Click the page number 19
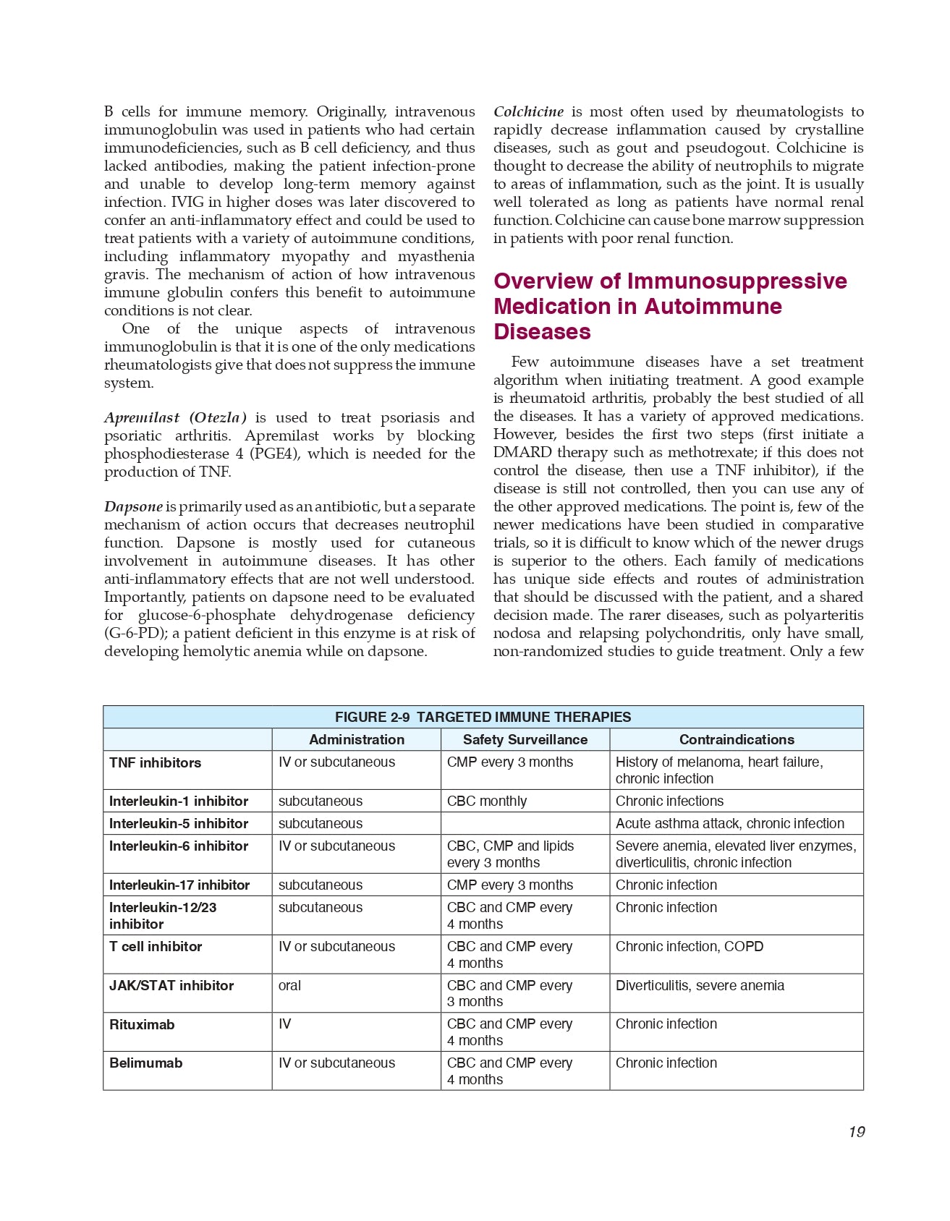click(857, 1132)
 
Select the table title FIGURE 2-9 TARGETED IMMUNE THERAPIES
click(483, 717)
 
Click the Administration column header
click(357, 739)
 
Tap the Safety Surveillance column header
click(525, 739)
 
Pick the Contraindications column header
click(737, 739)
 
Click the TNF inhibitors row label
click(156, 762)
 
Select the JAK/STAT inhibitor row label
click(171, 985)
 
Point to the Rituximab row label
click(142, 1024)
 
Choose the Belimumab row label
click(146, 1063)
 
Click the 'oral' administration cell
click(290, 985)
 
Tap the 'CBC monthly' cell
click(487, 801)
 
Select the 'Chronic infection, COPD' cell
click(690, 946)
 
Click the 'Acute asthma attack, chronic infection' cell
click(730, 823)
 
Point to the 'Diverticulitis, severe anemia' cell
click(700, 985)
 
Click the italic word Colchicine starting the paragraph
click(529, 111)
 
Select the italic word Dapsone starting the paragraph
click(133, 506)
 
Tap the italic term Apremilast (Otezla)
click(175, 417)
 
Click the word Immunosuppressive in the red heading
click(737, 281)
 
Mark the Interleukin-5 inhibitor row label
click(179, 823)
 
